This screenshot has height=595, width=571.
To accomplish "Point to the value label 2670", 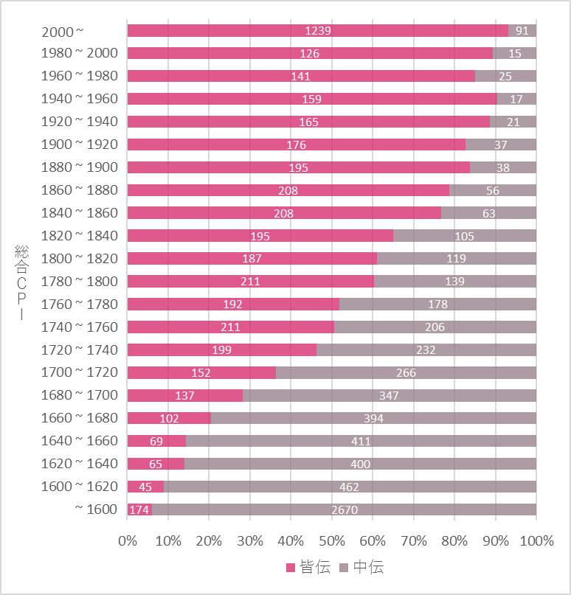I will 344,509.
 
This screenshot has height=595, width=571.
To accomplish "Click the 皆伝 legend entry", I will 308,567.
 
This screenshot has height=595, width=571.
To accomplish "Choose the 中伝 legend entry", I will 361,567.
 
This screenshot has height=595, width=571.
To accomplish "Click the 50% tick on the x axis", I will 332,540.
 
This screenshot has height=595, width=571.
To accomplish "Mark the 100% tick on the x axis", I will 536,540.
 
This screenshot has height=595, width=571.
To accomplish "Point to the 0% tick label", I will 128,540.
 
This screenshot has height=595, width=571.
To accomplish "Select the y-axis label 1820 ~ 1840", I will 81,236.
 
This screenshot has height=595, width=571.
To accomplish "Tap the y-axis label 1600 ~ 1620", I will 81,487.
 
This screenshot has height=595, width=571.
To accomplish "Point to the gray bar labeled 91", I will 522,30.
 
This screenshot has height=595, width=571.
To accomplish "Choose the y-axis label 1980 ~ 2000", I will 81,53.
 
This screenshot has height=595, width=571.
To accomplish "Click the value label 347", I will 389,395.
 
